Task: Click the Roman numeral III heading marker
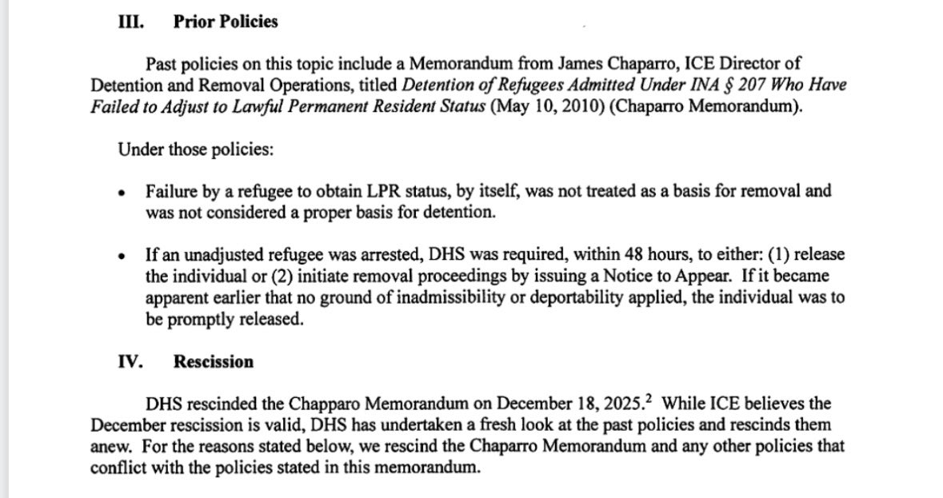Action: (x=128, y=22)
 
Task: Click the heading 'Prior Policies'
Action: (x=225, y=22)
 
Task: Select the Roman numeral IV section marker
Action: (x=130, y=361)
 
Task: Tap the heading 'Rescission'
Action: (x=213, y=361)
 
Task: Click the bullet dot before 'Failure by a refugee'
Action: (x=121, y=193)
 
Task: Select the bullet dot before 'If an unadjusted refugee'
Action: (x=121, y=257)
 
